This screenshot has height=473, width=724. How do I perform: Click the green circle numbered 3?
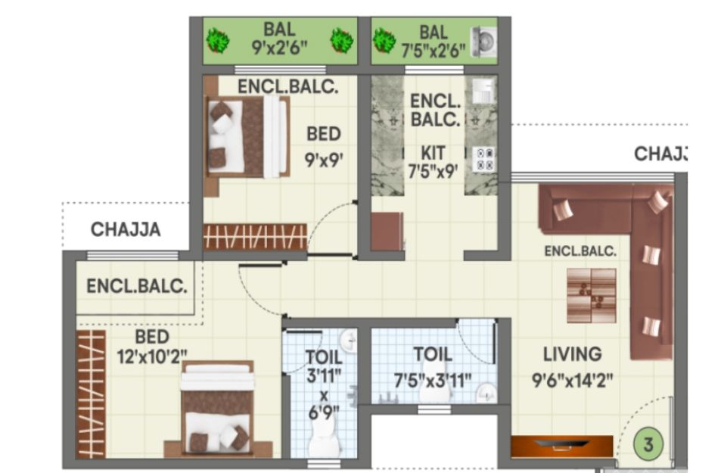pos(648,444)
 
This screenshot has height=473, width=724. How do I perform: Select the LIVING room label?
pos(573,354)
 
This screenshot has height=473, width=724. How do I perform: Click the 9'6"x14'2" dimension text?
pos(573,381)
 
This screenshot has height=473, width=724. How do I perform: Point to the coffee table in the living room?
pos(592,296)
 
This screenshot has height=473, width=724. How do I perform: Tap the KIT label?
pos(433,153)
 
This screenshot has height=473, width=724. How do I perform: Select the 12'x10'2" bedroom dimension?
pos(152,356)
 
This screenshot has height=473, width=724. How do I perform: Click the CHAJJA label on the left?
pos(126,229)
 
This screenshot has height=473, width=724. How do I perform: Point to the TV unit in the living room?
pos(562,447)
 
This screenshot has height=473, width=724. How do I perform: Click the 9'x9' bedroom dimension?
pos(324,160)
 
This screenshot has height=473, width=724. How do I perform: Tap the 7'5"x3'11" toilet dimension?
pos(433,381)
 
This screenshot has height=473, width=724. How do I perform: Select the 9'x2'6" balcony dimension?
pos(279,47)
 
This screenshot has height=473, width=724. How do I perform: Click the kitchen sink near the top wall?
pos(483,90)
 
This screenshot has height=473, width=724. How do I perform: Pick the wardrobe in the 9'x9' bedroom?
pos(256,236)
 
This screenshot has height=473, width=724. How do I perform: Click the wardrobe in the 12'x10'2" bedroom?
pos(91,394)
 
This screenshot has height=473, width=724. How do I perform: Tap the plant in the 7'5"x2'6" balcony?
pos(384,41)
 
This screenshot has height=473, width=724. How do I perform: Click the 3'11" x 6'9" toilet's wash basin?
pos(349,341)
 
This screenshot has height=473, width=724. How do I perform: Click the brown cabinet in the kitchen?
pos(387,232)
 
